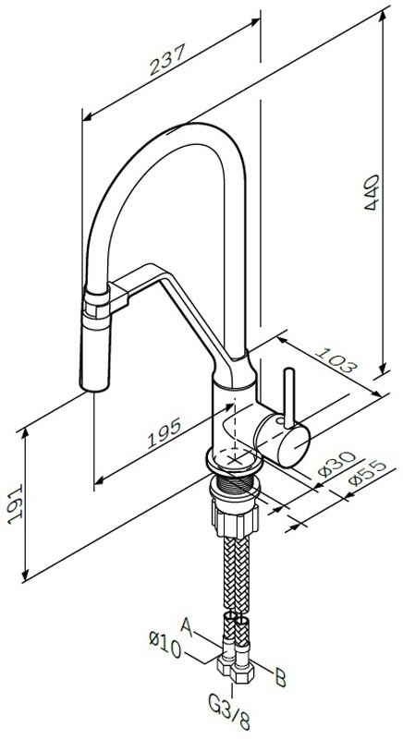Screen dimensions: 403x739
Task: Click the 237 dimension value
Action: pos(168,60)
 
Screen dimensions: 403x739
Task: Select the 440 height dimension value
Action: pos(372,192)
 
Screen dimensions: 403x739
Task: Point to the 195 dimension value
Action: pos(165,433)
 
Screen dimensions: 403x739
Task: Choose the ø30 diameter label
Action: pos(336,465)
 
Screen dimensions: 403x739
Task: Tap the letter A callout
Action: pos(187,628)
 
